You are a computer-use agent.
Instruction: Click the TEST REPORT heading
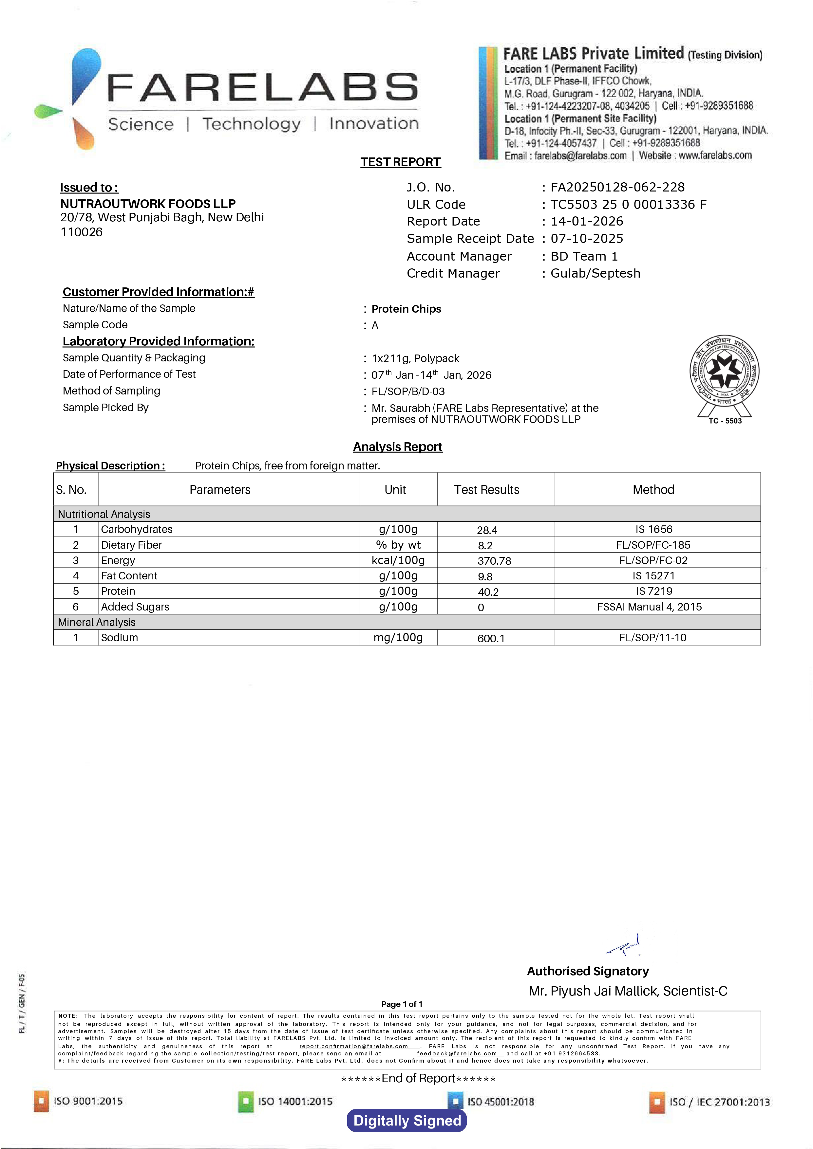[401, 162]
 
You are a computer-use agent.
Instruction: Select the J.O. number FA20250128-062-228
[617, 187]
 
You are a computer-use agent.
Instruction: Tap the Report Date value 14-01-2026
[587, 221]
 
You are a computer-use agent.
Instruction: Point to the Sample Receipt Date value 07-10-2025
[587, 239]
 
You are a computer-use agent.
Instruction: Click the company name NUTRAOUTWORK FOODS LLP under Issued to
[148, 204]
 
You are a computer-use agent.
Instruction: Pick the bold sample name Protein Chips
[406, 309]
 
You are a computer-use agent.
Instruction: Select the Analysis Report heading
[397, 447]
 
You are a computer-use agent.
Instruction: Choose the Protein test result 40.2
[488, 592]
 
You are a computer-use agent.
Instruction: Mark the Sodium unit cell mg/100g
[398, 638]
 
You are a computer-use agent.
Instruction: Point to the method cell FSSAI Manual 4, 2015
[649, 607]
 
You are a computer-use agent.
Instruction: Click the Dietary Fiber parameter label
[131, 545]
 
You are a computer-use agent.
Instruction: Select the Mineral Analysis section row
[97, 622]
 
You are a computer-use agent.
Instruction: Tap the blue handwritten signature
[624, 945]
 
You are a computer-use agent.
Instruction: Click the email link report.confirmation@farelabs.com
[353, 1046]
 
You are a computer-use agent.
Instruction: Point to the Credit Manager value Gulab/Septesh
[595, 273]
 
